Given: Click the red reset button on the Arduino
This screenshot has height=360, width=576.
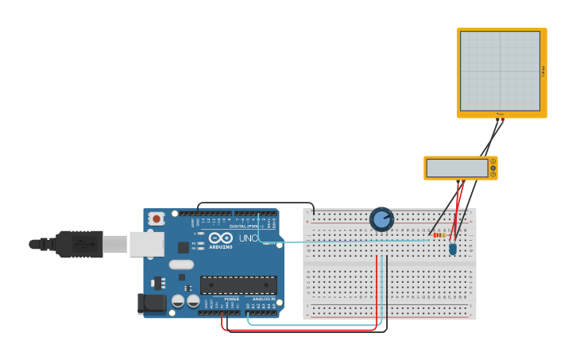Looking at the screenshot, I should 157,219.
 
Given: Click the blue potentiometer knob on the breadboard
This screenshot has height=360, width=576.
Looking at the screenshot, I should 381,219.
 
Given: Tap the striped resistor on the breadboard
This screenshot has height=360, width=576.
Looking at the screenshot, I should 438,234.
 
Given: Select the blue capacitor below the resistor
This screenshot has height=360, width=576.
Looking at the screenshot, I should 453,249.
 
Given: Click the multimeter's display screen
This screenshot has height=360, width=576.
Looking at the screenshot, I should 457,168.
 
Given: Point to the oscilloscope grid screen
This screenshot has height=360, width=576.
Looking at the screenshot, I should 500,71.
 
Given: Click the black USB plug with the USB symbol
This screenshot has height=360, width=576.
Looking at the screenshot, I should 79,244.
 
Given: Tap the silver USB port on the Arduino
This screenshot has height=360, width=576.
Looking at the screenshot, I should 146,244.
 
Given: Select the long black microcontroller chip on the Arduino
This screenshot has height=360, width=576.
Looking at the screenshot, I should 238,285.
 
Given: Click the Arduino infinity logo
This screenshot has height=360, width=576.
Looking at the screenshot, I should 220,238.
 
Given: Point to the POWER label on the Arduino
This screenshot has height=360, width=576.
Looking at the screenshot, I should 231,299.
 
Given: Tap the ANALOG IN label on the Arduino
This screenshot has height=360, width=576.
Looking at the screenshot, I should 263,299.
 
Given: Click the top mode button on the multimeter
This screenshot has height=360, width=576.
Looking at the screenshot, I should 493,161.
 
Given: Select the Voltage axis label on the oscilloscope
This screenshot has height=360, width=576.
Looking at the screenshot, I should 543,72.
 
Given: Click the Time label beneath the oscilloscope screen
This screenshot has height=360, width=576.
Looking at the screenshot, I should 500,114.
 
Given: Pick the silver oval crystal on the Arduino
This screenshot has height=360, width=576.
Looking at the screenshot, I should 181,265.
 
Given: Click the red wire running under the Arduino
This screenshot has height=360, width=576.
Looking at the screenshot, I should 302,329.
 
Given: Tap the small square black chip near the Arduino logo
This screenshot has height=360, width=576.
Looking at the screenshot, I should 184,247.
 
